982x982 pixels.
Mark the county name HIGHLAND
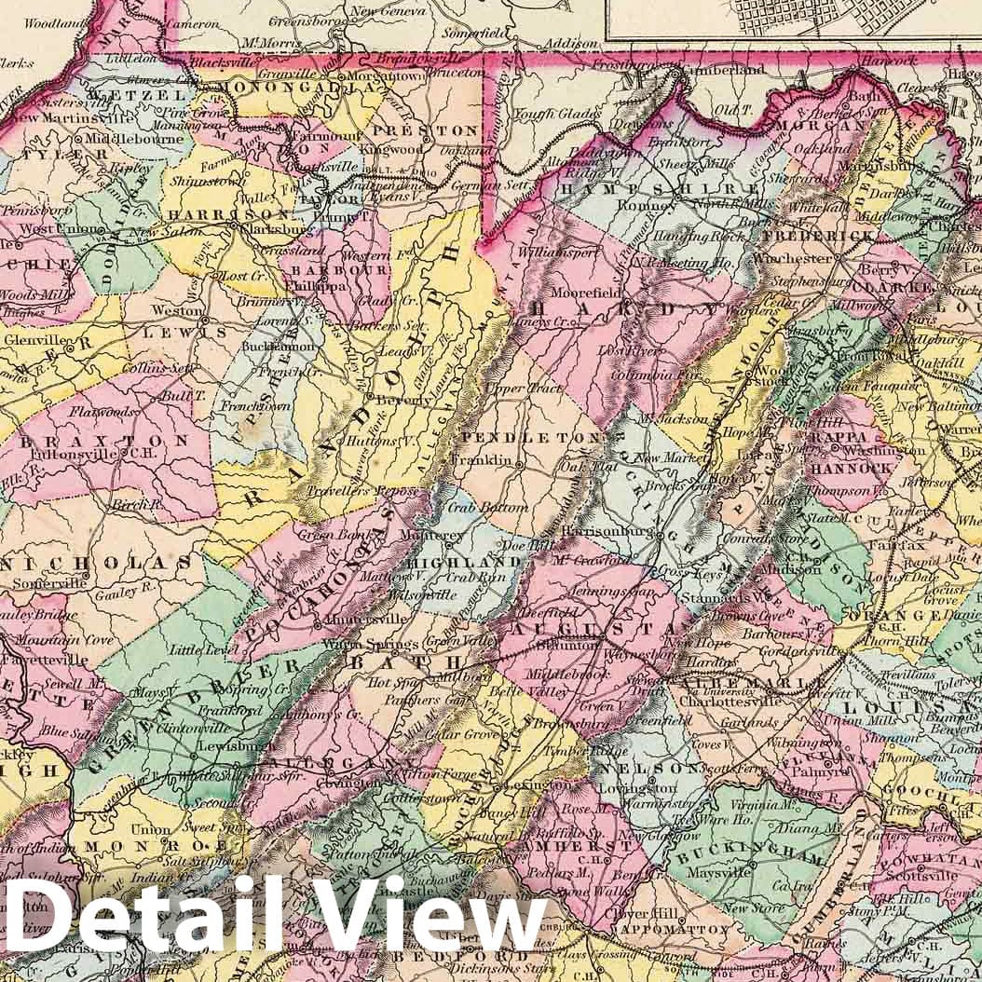tap(460, 563)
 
